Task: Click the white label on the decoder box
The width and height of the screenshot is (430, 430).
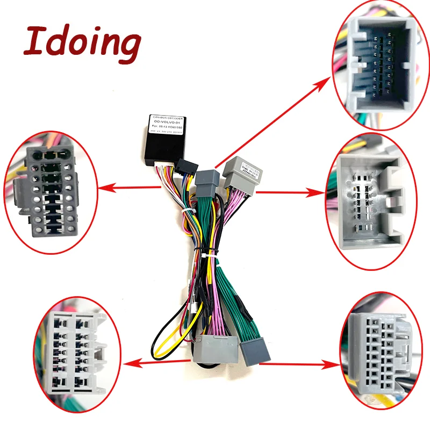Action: pyautogui.click(x=168, y=125)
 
